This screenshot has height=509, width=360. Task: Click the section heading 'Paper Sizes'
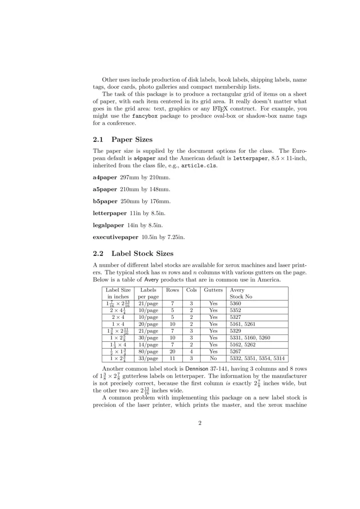[132, 139]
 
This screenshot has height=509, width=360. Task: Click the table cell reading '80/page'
[148, 351]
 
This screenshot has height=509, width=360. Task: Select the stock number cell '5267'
[236, 351]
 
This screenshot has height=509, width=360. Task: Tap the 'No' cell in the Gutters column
[213, 358]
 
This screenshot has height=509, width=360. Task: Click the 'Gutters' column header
[213, 290]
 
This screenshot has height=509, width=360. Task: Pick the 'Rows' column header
[172, 290]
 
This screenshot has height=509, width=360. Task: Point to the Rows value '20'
[172, 351]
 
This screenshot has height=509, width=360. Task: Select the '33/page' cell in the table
[148, 358]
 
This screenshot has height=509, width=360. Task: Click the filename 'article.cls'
[198, 165]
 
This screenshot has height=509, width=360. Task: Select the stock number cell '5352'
[236, 310]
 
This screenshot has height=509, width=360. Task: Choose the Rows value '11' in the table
[172, 358]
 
